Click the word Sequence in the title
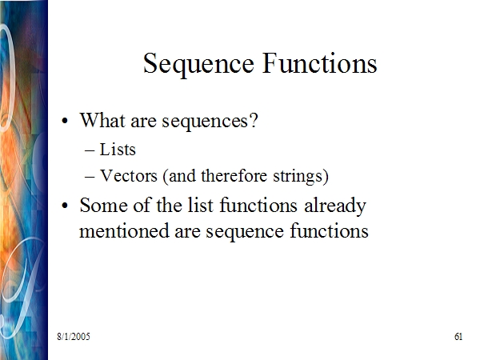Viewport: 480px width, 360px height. (x=198, y=64)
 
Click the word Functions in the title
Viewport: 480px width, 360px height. (x=320, y=63)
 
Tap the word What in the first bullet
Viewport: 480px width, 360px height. (x=103, y=120)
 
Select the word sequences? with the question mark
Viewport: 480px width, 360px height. (x=210, y=122)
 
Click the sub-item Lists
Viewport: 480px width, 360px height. (x=118, y=150)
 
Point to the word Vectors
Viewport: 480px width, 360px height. (x=129, y=176)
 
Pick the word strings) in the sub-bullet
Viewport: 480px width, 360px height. (x=301, y=177)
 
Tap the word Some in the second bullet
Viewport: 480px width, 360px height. (x=104, y=205)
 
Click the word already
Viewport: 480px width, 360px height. (x=335, y=206)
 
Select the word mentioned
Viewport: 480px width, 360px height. (x=124, y=230)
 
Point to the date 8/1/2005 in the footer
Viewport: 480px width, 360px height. (x=74, y=337)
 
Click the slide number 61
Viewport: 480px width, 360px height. (x=458, y=337)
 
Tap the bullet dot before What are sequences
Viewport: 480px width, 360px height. (x=65, y=121)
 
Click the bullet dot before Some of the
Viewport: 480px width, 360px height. (x=65, y=206)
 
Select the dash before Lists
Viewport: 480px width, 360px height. (x=90, y=151)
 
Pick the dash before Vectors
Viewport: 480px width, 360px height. (x=90, y=178)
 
